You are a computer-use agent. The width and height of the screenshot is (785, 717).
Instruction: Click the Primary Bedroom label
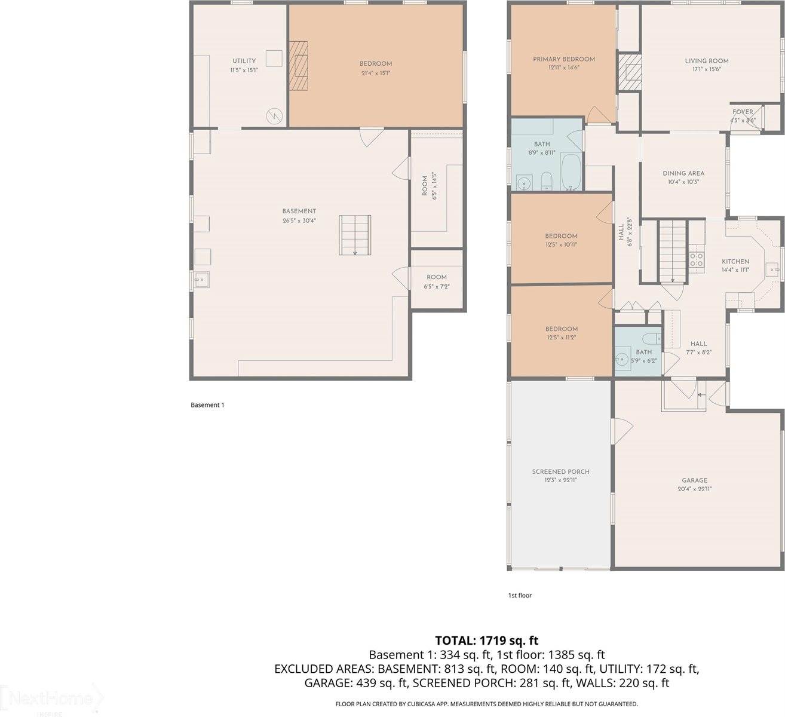point(563,63)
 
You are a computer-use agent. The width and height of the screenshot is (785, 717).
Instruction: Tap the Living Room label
point(706,64)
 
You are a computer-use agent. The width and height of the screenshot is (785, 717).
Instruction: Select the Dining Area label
point(683,177)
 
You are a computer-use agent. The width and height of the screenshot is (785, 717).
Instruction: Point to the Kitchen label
point(735,265)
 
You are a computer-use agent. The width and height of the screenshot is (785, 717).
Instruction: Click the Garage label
point(694,483)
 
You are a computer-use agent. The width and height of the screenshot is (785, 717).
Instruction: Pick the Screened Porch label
point(560,475)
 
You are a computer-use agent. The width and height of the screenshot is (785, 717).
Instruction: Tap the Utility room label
point(244,65)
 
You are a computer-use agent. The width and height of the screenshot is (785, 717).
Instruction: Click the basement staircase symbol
point(355,235)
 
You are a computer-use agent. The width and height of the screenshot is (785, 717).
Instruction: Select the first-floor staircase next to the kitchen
point(673,250)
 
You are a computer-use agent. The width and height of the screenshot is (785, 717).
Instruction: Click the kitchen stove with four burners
point(697,259)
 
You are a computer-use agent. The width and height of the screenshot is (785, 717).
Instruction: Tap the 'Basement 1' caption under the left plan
point(207,405)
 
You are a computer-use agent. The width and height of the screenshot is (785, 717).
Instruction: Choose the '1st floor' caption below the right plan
point(519,595)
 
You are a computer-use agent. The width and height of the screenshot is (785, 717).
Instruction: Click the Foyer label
point(743,115)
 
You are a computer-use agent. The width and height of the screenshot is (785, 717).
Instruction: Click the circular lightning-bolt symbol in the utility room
point(274,115)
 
